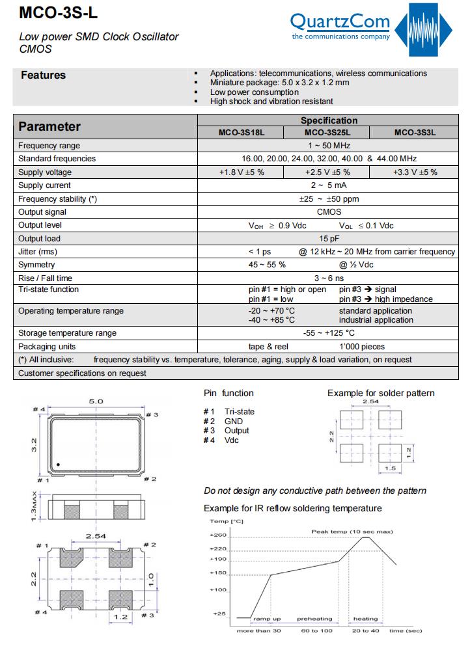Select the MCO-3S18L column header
point(241,133)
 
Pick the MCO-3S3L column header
point(415,133)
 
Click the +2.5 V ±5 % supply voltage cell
point(327,172)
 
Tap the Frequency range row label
point(49,146)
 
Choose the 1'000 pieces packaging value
point(362,347)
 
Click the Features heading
point(43,75)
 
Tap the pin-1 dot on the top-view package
point(58,464)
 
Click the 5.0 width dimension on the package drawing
point(96,401)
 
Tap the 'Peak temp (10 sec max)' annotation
point(352,532)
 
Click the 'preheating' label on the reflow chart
point(314,619)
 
